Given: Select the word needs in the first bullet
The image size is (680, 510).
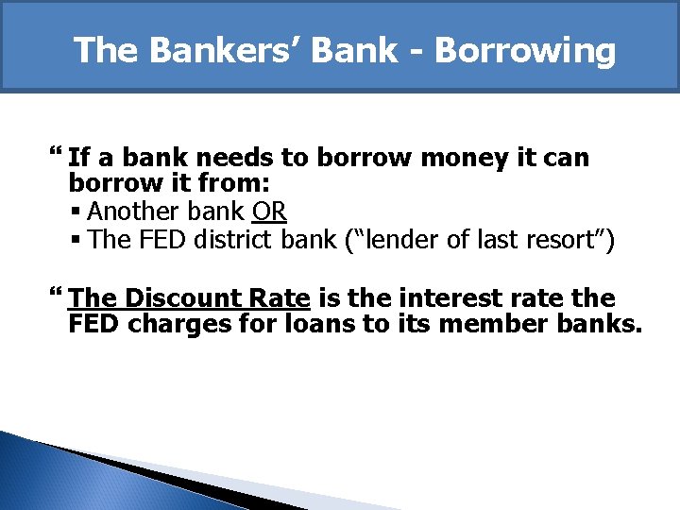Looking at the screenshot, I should coord(262,158).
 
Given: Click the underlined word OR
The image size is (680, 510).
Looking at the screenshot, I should coord(269,212).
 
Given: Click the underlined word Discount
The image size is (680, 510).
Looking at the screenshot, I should coord(184,299).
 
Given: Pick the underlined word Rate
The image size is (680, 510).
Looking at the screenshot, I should coord(280,299).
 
